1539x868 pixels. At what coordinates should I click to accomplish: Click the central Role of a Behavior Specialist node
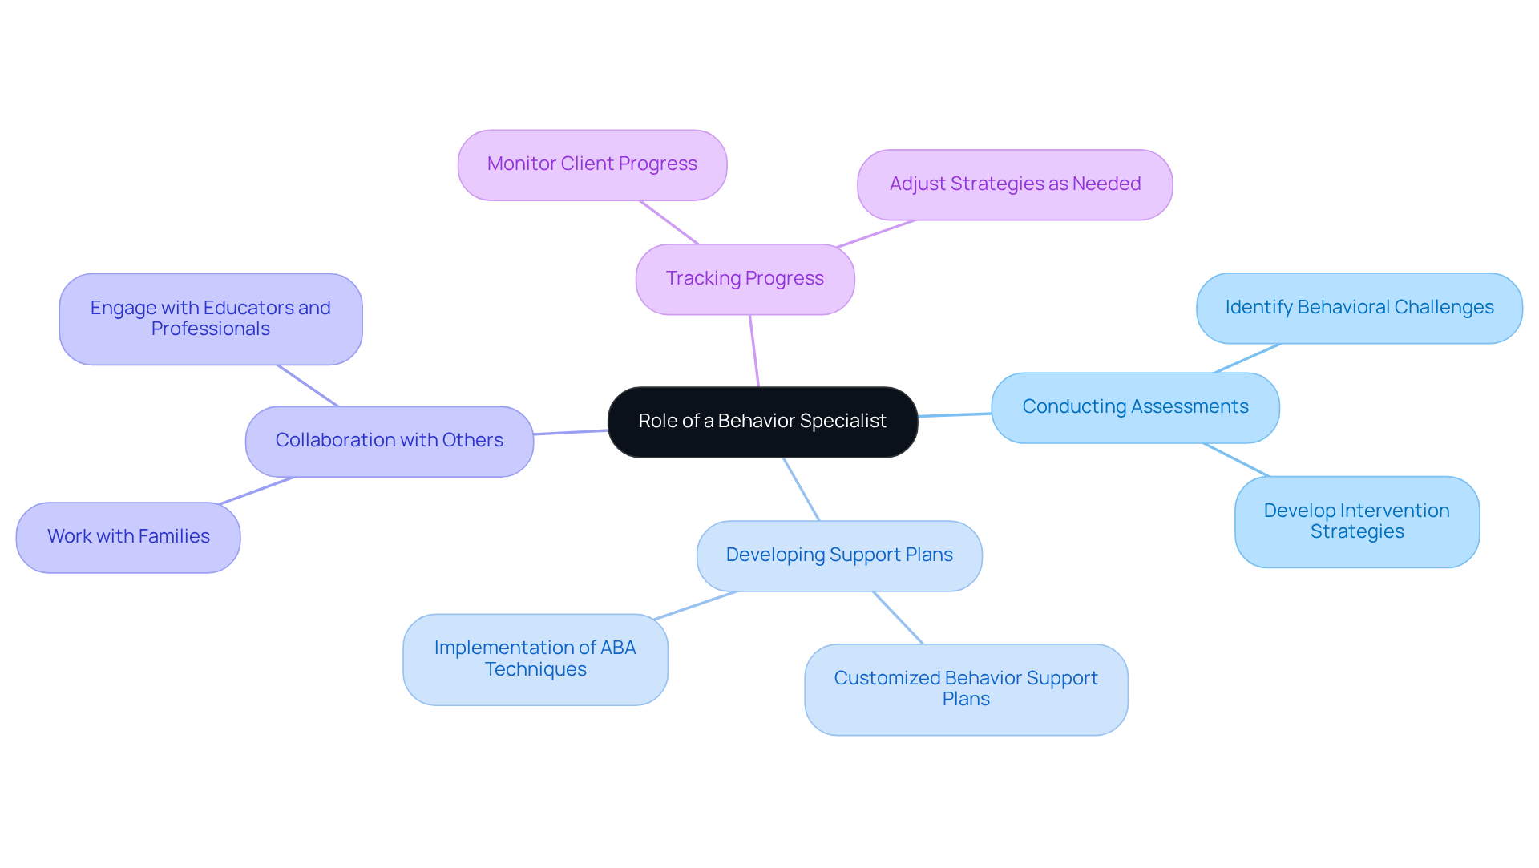(762, 422)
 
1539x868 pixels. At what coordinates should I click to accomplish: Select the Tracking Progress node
(745, 279)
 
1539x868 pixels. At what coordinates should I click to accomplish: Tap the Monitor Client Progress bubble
(592, 164)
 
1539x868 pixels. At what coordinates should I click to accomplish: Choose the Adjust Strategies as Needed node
(1014, 184)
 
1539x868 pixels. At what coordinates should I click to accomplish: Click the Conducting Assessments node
(1134, 407)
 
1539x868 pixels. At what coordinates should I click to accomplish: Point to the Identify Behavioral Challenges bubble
(1359, 308)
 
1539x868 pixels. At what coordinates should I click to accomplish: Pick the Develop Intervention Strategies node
(1356, 522)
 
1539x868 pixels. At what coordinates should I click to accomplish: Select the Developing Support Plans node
(838, 555)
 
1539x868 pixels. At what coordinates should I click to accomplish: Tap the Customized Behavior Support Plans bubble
(965, 689)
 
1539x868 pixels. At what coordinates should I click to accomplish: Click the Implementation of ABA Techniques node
(535, 659)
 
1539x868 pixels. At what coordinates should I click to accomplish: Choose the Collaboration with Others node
(389, 441)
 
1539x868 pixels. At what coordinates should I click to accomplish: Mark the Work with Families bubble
(128, 537)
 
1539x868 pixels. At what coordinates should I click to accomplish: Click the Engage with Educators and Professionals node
(210, 319)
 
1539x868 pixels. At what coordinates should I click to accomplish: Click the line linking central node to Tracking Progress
(753, 351)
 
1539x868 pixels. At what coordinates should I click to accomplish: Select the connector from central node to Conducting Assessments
(955, 415)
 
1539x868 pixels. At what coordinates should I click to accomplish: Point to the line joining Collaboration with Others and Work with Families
(256, 491)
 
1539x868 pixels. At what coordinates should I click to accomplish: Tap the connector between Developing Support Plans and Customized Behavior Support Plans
(898, 618)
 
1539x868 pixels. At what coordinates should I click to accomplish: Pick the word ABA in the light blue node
(617, 648)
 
